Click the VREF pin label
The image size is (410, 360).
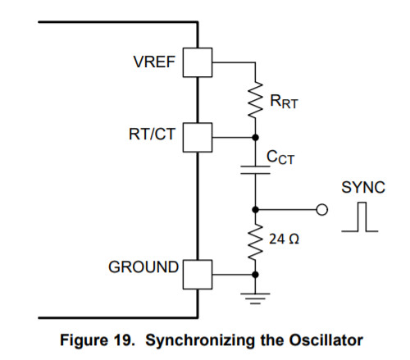154,62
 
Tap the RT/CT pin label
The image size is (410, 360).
152,134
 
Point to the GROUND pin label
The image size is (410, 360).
143,267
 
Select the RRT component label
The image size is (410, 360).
284,102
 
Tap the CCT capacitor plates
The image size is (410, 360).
255,170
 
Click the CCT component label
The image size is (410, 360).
280,157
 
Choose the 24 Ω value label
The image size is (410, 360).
284,239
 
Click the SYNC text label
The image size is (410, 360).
363,188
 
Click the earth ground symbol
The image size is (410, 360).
255,298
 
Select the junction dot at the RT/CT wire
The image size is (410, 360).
255,137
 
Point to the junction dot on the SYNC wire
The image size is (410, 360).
255,210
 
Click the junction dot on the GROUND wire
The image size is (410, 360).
255,275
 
